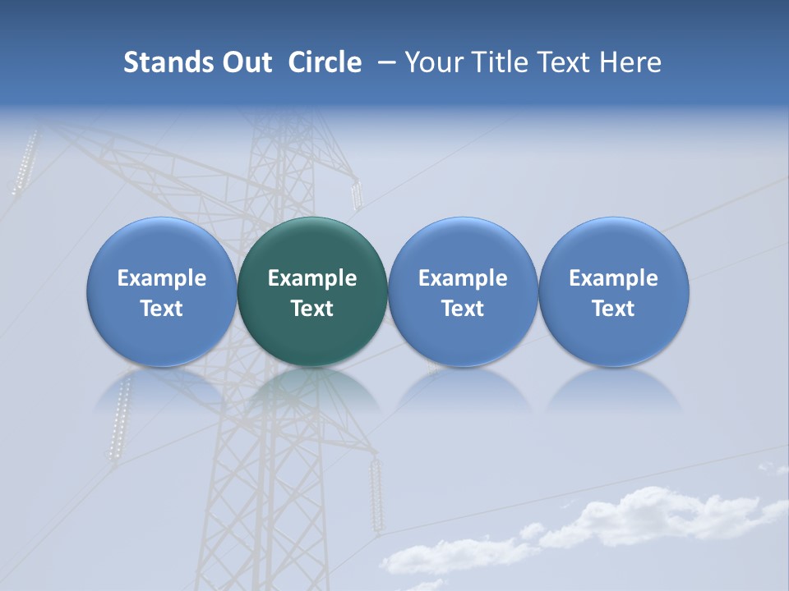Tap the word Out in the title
[x=244, y=62]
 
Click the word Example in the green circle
[x=312, y=278]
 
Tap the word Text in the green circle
[x=312, y=309]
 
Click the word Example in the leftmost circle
[x=162, y=278]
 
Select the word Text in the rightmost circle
[x=614, y=309]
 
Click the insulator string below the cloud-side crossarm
[x=376, y=492]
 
